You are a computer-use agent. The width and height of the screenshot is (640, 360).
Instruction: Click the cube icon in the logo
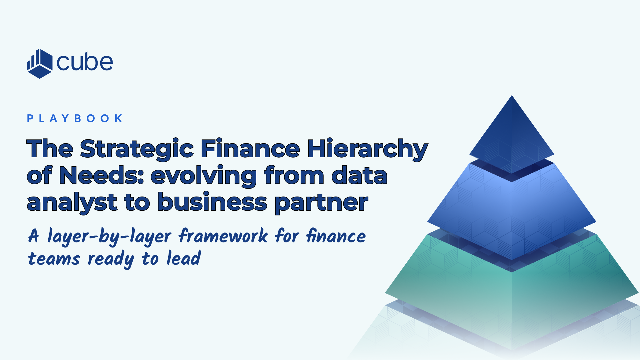pyautogui.click(x=39, y=64)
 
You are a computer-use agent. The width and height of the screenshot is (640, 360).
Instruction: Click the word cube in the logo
pyautogui.click(x=85, y=62)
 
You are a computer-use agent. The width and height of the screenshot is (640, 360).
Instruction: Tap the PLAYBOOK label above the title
pyautogui.click(x=75, y=118)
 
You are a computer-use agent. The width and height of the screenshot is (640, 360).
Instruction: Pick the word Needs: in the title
pyautogui.click(x=101, y=175)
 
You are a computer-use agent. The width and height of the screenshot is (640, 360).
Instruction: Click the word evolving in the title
pyautogui.click(x=204, y=175)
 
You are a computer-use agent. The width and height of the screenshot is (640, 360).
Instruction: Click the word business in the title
pyautogui.click(x=212, y=202)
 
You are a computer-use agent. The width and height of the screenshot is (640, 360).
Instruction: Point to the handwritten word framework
pyautogui.click(x=223, y=236)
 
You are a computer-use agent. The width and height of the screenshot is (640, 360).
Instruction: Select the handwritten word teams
pyautogui.click(x=54, y=259)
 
